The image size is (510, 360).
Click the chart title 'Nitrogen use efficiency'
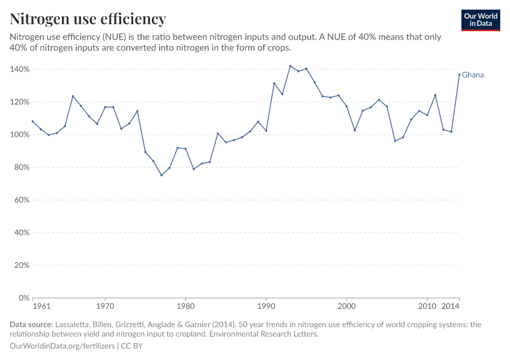pyautogui.click(x=88, y=19)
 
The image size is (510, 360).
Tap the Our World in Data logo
pyautogui.click(x=481, y=20)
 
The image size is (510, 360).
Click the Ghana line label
pyautogui.click(x=473, y=75)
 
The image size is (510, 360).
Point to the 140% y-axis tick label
pyautogui.click(x=20, y=70)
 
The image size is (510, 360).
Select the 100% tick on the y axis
pyautogui.click(x=20, y=134)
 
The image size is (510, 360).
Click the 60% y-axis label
pyautogui.click(x=22, y=200)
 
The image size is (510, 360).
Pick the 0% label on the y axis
pyautogui.click(x=24, y=298)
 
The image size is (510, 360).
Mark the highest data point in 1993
pyautogui.click(x=290, y=66)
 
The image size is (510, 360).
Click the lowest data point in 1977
pyautogui.click(x=161, y=175)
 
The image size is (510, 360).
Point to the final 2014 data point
pyautogui.click(x=460, y=74)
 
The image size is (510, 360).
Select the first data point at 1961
pyautogui.click(x=32, y=121)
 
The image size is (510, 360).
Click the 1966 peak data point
pyautogui.click(x=73, y=96)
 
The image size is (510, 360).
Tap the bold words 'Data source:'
pyautogui.click(x=31, y=325)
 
